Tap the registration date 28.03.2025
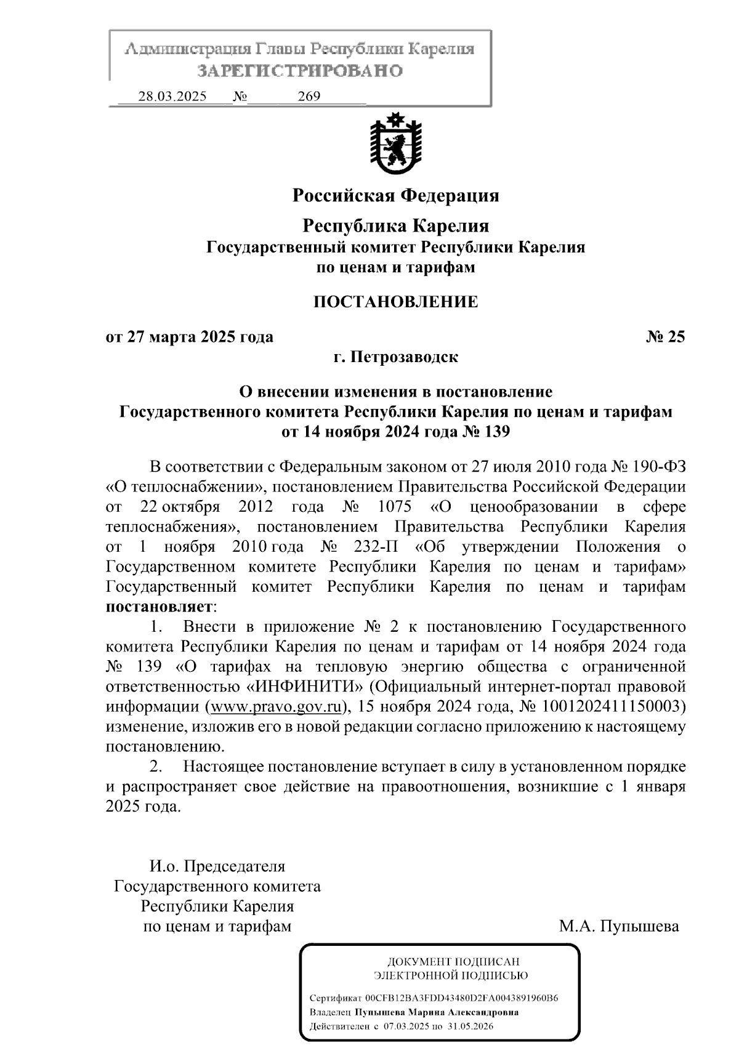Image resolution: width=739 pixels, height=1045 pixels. point(172,97)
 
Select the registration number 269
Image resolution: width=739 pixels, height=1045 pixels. point(309,97)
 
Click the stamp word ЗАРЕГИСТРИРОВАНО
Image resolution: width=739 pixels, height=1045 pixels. point(300,71)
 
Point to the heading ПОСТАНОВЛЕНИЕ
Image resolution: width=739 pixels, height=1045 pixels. point(395,302)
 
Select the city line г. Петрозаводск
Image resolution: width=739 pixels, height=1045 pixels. point(395,357)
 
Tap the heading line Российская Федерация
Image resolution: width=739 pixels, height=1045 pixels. point(395,196)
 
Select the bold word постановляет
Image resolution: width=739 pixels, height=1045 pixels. point(160,607)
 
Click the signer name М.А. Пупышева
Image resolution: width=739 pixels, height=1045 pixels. point(618,926)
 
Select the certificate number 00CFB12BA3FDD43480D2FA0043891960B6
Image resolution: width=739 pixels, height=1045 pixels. point(461,998)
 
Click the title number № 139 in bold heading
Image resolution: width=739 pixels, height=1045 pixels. point(486,432)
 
